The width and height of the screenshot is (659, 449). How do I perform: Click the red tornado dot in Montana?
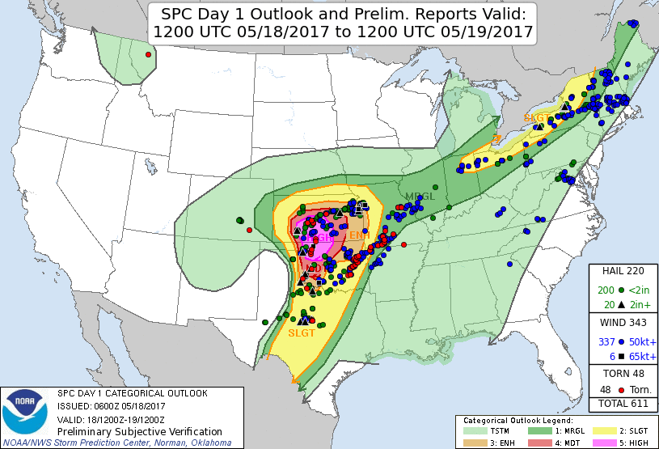click(149, 55)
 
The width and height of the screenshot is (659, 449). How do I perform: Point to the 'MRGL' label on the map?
click(420, 197)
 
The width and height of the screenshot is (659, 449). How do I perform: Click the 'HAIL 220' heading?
click(623, 272)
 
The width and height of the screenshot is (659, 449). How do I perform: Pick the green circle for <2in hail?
click(620, 290)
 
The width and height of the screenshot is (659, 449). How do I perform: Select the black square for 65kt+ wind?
click(620, 356)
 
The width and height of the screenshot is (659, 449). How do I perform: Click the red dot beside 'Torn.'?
click(620, 389)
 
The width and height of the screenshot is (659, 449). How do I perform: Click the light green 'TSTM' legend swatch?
click(474, 430)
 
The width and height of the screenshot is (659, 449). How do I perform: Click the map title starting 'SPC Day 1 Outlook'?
click(341, 23)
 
